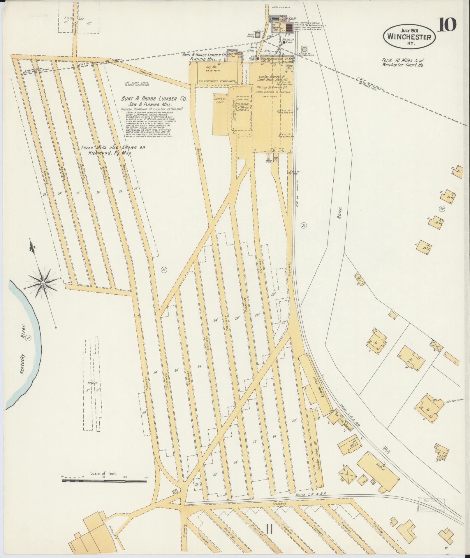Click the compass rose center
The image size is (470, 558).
point(43,283)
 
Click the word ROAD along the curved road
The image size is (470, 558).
point(340,213)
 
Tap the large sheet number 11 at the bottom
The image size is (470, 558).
point(269,529)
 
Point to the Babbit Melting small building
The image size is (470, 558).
point(258,35)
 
